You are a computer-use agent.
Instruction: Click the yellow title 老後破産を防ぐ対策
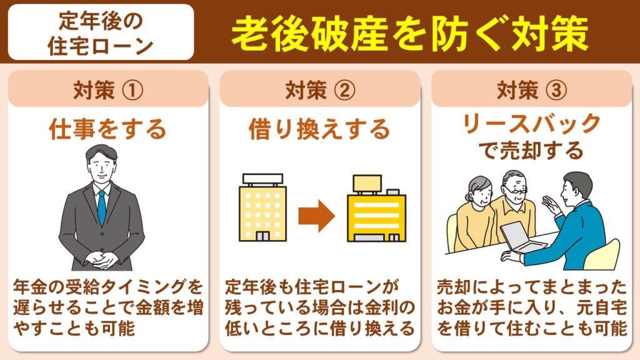coord(409,32)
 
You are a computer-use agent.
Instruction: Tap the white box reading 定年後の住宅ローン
coord(101,32)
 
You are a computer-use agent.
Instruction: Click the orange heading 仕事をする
coord(108,129)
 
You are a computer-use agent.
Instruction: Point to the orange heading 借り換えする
coord(319,129)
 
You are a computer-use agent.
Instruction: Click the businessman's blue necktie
coord(101,206)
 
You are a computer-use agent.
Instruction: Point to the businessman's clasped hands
coord(101,258)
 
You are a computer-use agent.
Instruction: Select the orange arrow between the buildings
coord(316,216)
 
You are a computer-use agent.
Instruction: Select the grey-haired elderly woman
coord(474,212)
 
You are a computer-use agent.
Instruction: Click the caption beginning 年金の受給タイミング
coord(108,307)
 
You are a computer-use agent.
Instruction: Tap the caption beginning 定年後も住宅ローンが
coord(319,307)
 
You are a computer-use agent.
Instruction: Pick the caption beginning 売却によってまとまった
coord(531,307)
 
